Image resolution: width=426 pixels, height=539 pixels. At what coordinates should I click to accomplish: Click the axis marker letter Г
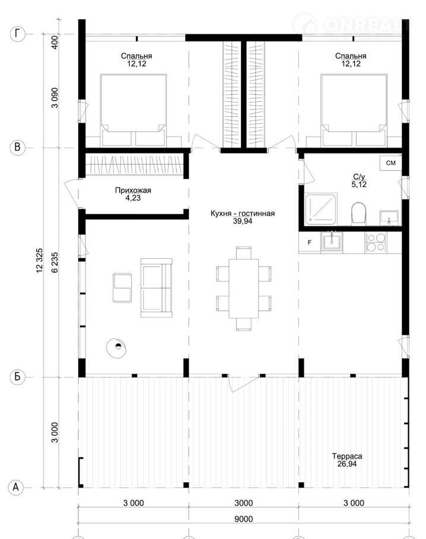(18, 34)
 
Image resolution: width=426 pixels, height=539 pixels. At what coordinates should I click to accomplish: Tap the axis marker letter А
(16, 487)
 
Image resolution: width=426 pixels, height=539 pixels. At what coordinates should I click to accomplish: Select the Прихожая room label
(133, 190)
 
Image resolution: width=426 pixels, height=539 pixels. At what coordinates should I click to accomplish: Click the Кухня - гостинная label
(243, 213)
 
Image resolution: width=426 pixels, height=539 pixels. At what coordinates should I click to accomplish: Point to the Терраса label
(346, 456)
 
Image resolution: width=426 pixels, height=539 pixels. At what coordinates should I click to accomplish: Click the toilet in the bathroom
(358, 213)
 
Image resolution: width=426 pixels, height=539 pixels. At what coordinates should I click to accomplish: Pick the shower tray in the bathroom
(321, 209)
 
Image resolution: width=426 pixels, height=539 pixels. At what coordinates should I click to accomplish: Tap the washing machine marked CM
(390, 163)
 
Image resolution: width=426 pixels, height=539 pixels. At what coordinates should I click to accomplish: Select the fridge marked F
(310, 242)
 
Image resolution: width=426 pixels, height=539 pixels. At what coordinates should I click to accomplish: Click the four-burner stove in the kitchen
(376, 242)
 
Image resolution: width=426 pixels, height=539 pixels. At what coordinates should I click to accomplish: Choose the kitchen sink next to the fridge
(332, 242)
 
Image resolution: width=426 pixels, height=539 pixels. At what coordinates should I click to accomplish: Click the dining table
(243, 289)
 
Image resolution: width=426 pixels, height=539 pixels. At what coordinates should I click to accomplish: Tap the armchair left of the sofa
(122, 288)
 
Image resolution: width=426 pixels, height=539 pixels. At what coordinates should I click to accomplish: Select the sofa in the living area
(157, 288)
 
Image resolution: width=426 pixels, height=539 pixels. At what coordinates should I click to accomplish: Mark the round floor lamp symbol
(116, 348)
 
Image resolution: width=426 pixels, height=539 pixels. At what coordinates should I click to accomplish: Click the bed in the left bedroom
(133, 110)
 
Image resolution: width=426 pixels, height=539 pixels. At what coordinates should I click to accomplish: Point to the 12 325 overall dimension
(40, 261)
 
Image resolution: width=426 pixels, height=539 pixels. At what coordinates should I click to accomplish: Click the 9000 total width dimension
(243, 519)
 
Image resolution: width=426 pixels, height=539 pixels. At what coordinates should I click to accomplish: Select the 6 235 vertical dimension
(55, 262)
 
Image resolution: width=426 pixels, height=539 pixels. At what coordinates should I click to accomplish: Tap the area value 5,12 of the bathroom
(359, 185)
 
